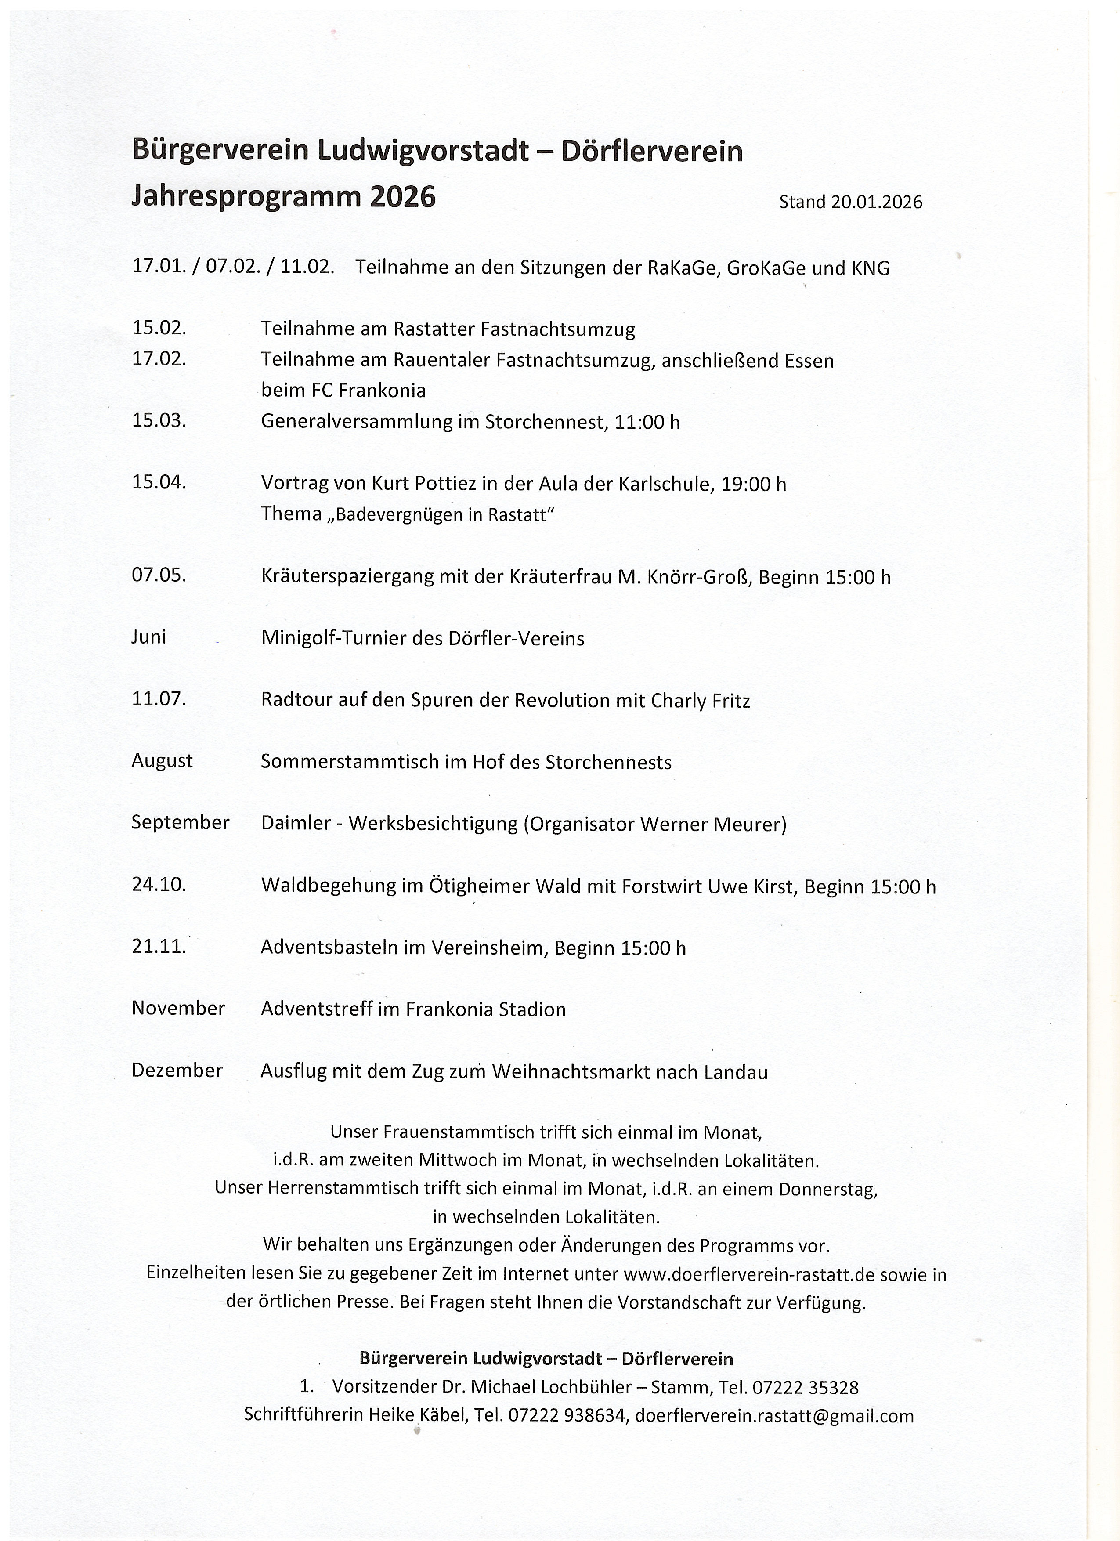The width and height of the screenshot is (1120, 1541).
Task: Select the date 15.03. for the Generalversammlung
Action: (x=159, y=420)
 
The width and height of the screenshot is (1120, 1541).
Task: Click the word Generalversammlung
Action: (x=357, y=422)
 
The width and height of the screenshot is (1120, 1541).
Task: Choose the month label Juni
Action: (x=149, y=637)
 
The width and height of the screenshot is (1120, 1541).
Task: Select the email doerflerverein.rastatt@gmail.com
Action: (x=774, y=1416)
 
